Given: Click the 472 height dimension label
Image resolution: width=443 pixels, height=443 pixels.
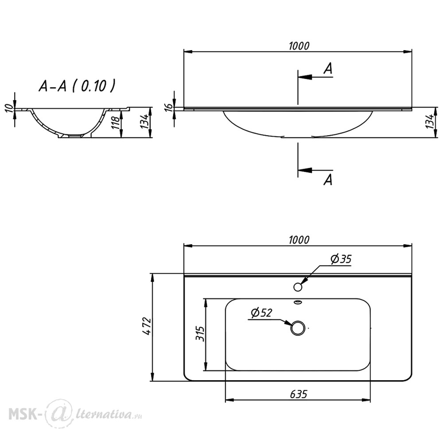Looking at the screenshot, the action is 147,326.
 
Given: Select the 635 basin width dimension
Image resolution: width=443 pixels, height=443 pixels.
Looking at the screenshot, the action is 298,394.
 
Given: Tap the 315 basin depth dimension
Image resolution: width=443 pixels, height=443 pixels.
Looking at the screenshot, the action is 200,334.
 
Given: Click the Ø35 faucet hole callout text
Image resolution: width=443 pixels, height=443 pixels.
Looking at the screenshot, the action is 341,259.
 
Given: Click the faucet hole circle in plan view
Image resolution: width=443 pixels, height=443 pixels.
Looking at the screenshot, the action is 298,287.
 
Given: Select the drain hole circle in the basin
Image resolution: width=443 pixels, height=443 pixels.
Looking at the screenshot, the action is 298,328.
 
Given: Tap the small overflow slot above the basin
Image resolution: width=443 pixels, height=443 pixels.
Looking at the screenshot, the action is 298,303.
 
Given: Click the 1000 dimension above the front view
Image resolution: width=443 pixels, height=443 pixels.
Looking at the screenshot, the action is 299,46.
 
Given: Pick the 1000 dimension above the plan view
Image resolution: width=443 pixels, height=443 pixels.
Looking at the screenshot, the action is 299,240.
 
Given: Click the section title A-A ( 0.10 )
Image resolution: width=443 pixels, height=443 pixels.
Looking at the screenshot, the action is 77,86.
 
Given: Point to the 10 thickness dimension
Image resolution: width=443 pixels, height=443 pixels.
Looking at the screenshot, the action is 9,108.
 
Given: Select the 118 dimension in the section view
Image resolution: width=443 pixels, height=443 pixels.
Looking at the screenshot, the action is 116,123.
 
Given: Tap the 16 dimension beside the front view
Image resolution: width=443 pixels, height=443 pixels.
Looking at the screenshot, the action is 168,107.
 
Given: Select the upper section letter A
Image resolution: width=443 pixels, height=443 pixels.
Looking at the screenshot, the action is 328,68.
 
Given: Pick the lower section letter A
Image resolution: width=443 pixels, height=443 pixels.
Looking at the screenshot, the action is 328,180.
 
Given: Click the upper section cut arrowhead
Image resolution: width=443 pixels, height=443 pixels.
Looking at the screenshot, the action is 305,77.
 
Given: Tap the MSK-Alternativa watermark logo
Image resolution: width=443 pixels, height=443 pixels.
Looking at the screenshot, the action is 75,414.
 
